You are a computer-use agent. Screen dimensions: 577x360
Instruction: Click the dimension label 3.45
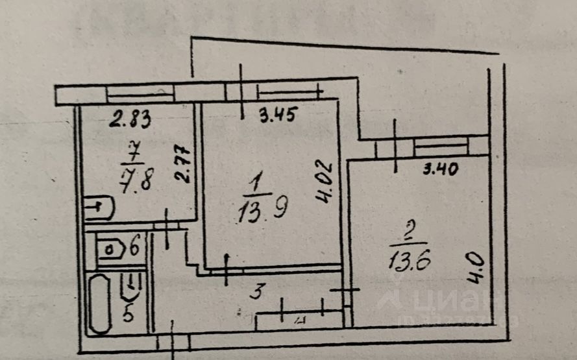click(x=278, y=117)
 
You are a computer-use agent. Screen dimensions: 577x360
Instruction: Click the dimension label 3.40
click(x=441, y=171)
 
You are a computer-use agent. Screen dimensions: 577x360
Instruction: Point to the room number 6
click(x=134, y=247)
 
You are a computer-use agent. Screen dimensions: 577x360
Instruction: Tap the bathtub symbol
click(x=99, y=304)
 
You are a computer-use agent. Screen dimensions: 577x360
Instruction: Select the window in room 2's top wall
click(x=441, y=146)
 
